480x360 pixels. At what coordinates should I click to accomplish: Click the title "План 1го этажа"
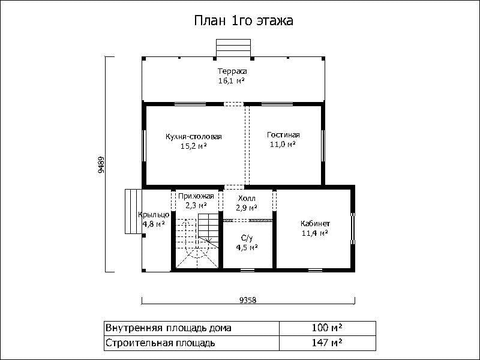(x=244, y=21)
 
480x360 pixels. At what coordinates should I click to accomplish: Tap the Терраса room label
(x=232, y=71)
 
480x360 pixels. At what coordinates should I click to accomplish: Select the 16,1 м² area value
(x=232, y=81)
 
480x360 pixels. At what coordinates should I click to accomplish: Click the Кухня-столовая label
(x=193, y=137)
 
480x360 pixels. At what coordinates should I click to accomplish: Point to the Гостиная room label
(x=283, y=134)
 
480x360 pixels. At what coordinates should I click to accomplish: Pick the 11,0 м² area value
(x=283, y=144)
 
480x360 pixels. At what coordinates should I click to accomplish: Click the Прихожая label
(x=196, y=196)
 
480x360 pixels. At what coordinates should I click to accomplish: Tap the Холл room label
(x=247, y=199)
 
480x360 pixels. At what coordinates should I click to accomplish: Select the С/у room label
(x=247, y=238)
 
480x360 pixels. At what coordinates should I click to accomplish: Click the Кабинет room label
(x=315, y=223)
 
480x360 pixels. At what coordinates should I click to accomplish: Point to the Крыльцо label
(x=154, y=215)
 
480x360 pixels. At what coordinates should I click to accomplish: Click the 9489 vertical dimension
(x=101, y=166)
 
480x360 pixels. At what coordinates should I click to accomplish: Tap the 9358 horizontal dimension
(x=248, y=301)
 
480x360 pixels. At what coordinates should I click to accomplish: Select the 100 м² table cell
(x=327, y=328)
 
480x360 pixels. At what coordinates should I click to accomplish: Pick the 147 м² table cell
(x=327, y=343)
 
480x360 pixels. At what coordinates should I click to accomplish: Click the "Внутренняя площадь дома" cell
(x=191, y=328)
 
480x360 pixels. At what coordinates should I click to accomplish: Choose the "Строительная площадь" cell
(x=191, y=343)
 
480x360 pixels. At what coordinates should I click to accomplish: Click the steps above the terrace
(x=233, y=48)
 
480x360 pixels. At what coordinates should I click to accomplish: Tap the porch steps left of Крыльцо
(x=133, y=211)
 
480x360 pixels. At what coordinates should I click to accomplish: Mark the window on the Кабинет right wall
(x=353, y=229)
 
